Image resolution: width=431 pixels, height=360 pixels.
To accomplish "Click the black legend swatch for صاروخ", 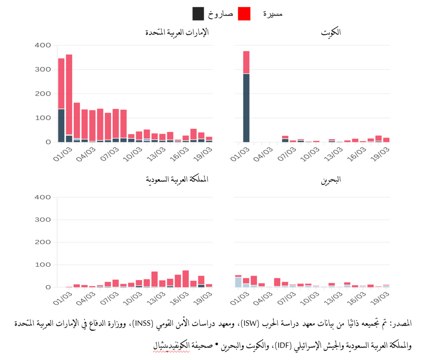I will [x=199, y=13].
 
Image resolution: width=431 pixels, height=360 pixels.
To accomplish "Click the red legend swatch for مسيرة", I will [x=244, y=13].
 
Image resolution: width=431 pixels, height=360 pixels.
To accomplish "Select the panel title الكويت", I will [x=331, y=32].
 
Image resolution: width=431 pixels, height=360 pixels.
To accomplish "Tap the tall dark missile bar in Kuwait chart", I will [x=246, y=108].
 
